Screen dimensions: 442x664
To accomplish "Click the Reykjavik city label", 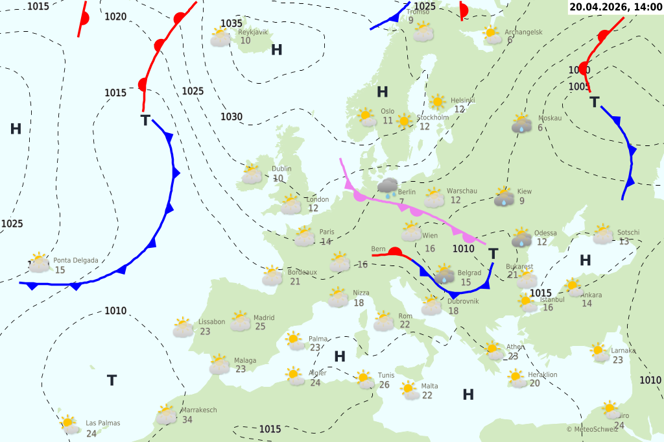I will (253, 32).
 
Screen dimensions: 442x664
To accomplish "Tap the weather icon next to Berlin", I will (388, 188).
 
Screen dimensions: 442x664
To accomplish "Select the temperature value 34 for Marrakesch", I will (187, 420).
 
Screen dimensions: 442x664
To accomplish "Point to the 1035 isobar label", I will (231, 23).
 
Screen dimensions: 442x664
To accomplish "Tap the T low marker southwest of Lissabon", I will (112, 380).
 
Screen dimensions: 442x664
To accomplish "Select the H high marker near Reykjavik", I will (277, 50).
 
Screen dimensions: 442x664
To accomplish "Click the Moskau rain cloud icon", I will (521, 124).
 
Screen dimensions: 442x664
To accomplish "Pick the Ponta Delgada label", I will (76, 260).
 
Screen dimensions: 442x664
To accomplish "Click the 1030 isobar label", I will (231, 117).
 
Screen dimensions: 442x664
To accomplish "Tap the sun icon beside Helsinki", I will (438, 102).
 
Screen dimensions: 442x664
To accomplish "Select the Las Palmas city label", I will (103, 423).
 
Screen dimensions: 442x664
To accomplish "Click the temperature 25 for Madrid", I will (261, 326).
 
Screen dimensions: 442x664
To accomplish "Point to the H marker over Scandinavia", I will (383, 92).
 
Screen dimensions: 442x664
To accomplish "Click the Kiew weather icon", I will (504, 197).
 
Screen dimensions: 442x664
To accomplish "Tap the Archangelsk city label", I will (525, 32).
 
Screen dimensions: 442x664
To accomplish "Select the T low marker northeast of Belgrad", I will (493, 253).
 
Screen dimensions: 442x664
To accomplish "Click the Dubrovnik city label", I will (463, 301).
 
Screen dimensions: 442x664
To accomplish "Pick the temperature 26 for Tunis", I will (385, 385).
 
